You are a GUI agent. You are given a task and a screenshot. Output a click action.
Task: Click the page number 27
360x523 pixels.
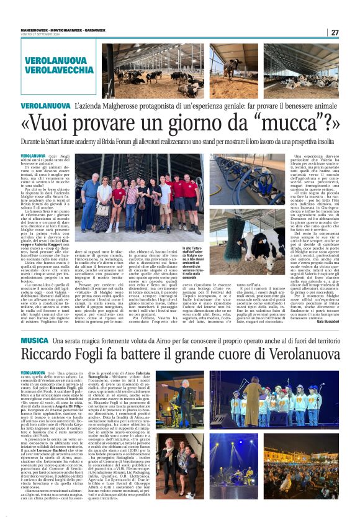pos(335,33)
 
